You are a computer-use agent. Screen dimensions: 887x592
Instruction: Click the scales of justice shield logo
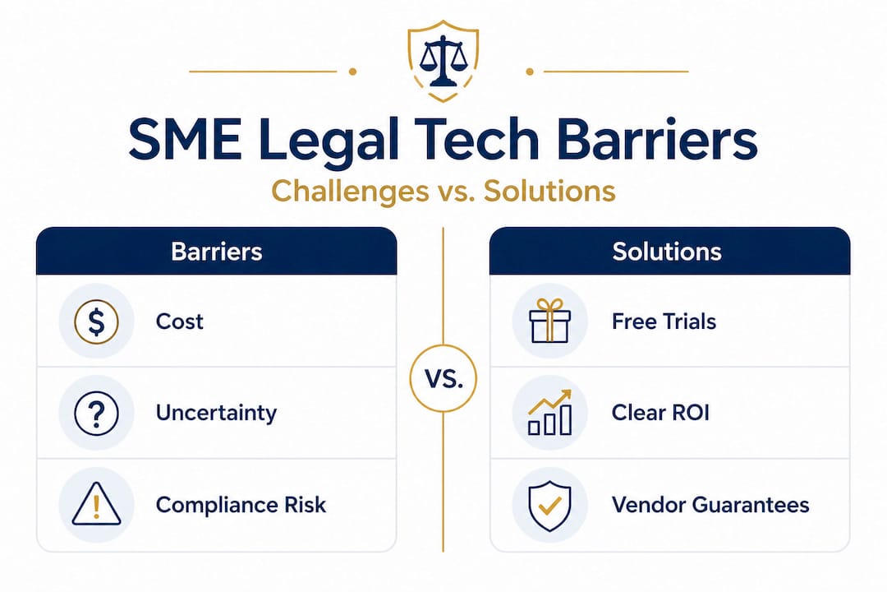pos(443,61)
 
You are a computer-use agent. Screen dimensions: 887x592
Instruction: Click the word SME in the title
pos(185,139)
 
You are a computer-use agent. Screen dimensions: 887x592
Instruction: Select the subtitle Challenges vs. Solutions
pos(443,191)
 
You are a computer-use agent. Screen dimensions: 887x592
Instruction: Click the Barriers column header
pos(217,252)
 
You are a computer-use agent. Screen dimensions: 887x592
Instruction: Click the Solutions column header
pos(667,252)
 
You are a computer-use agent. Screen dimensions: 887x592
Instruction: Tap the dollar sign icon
pos(96,321)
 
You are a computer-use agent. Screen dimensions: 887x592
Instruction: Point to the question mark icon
pos(96,413)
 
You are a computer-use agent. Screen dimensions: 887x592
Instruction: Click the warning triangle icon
pos(96,504)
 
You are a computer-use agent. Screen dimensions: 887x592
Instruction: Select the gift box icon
pos(549,321)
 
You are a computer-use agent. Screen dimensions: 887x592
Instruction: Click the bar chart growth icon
pos(549,413)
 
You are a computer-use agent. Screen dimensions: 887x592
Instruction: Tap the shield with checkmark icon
pos(549,506)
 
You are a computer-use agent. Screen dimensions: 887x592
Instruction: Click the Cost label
pos(179,321)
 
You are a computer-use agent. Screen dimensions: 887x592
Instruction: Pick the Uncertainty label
pos(216,413)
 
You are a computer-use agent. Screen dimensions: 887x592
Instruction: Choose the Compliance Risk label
pos(241,505)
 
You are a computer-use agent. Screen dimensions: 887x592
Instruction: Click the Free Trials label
pos(664,321)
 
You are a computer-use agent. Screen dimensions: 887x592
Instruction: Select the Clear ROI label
pos(660,413)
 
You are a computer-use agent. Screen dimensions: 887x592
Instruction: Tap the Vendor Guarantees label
pos(710,505)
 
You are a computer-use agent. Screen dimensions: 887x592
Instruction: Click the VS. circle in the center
pos(443,378)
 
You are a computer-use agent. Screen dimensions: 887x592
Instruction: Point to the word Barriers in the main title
pos(657,139)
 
